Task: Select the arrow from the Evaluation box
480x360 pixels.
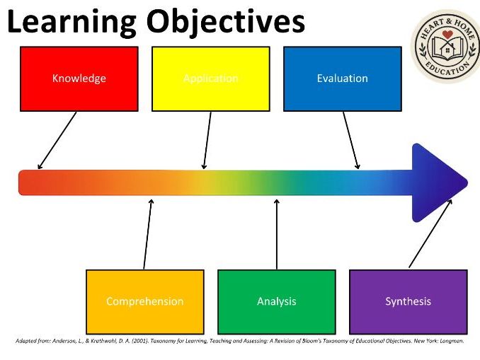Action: point(350,140)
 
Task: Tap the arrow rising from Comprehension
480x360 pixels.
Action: point(147,233)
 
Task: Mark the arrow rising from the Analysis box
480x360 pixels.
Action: point(276,233)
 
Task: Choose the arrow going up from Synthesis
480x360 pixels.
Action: point(430,233)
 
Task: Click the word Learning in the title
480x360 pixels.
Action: point(69,23)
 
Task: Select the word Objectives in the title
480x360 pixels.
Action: point(225,23)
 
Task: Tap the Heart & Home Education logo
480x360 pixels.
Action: point(445,45)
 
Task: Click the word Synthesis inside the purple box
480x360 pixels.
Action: point(408,301)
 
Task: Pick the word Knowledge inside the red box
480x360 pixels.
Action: point(79,78)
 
